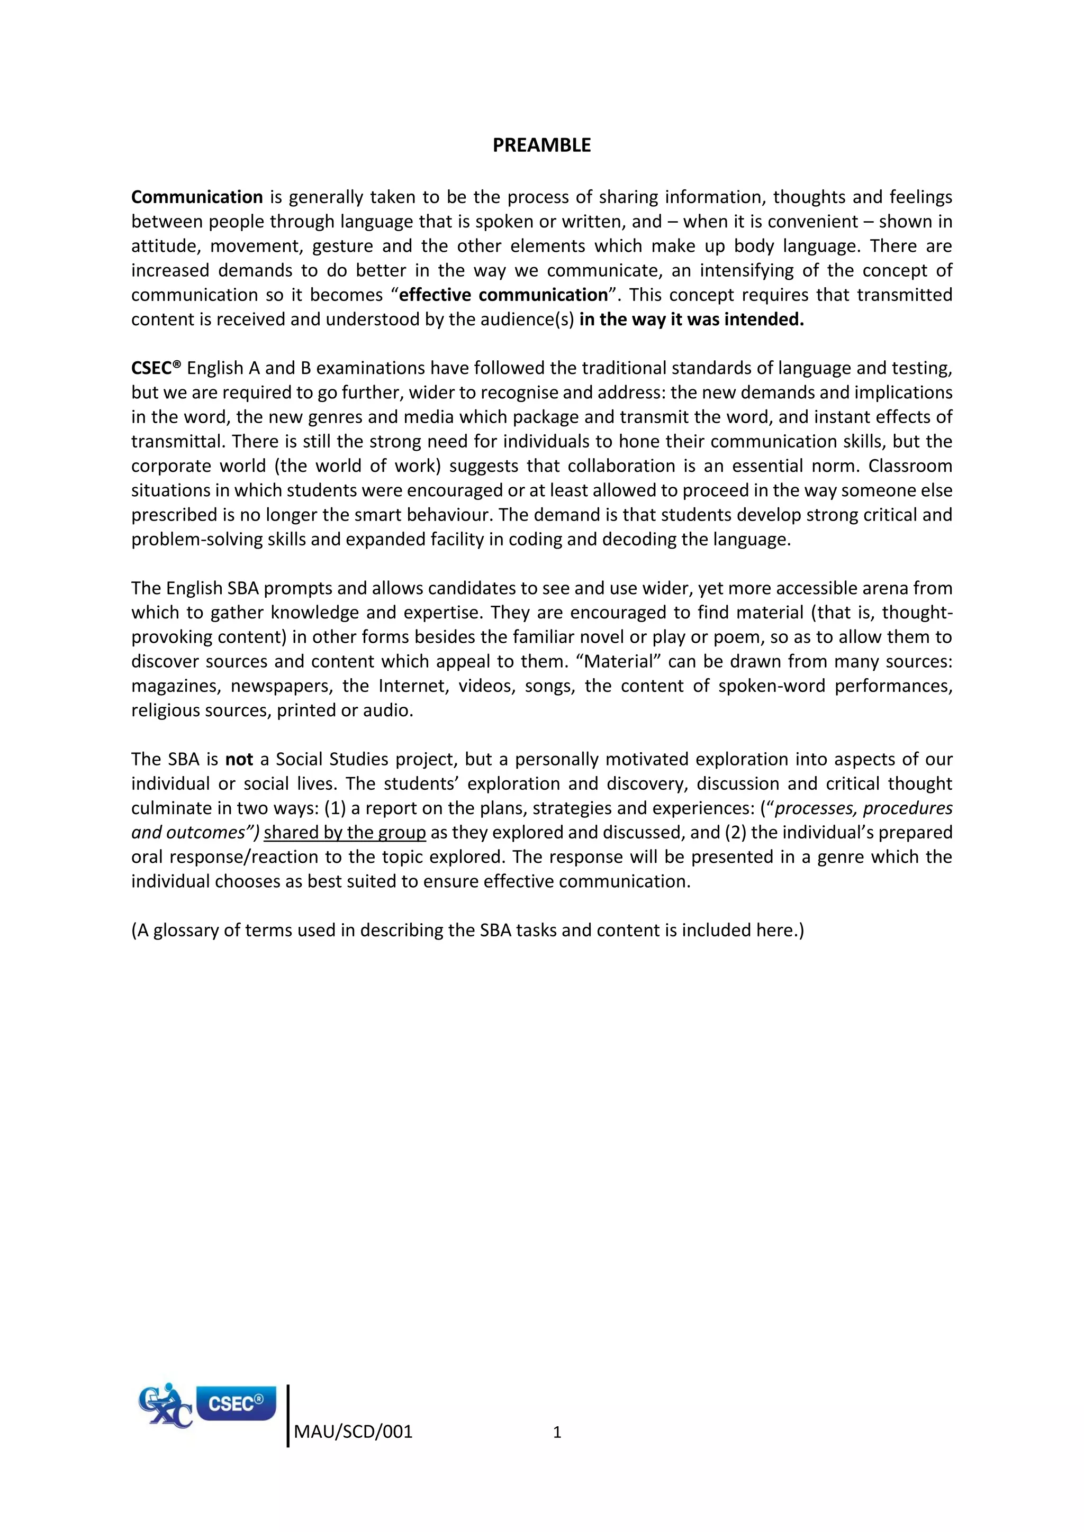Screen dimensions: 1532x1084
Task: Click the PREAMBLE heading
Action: click(x=541, y=145)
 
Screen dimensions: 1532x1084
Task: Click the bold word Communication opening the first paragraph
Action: click(x=197, y=197)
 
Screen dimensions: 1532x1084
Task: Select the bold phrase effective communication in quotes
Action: click(x=503, y=295)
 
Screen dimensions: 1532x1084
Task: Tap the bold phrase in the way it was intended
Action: click(x=691, y=320)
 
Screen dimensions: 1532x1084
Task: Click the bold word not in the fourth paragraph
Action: click(x=239, y=759)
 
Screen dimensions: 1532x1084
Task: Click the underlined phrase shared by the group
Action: click(x=345, y=833)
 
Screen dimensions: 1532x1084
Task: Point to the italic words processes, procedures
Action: click(x=863, y=808)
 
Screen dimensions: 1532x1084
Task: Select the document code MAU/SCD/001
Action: click(x=353, y=1432)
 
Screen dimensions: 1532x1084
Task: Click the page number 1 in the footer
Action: click(x=557, y=1433)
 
